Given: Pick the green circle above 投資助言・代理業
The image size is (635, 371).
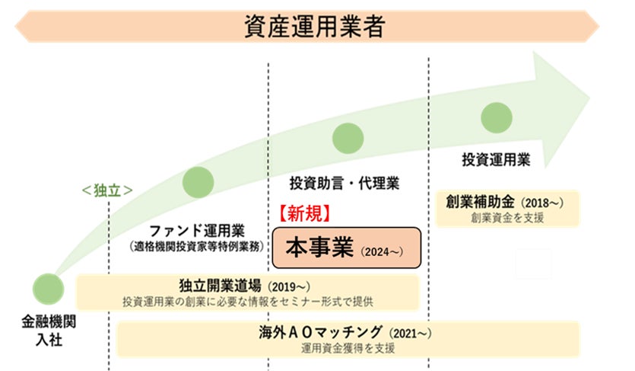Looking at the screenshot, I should click(348, 139).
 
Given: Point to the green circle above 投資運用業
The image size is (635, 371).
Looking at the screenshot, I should click(497, 117).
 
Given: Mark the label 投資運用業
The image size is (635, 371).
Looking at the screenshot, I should click(497, 161).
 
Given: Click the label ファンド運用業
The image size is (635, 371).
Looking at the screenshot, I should click(196, 229).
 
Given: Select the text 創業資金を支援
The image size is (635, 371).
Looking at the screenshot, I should click(508, 217).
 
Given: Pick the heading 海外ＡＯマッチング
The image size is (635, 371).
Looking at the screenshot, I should click(322, 332).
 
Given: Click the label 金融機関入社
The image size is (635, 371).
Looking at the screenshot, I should click(49, 328).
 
